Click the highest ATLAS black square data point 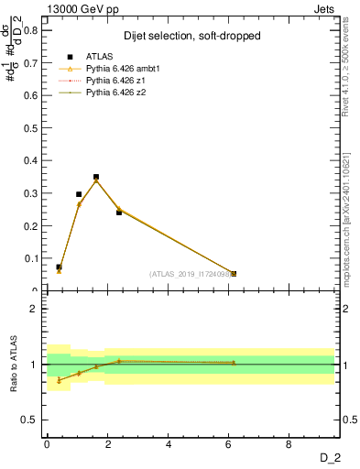tap(96, 177)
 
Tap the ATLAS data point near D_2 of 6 tap(234, 274)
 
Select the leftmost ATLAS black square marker tap(59, 267)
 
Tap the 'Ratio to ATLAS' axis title tap(14, 365)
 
